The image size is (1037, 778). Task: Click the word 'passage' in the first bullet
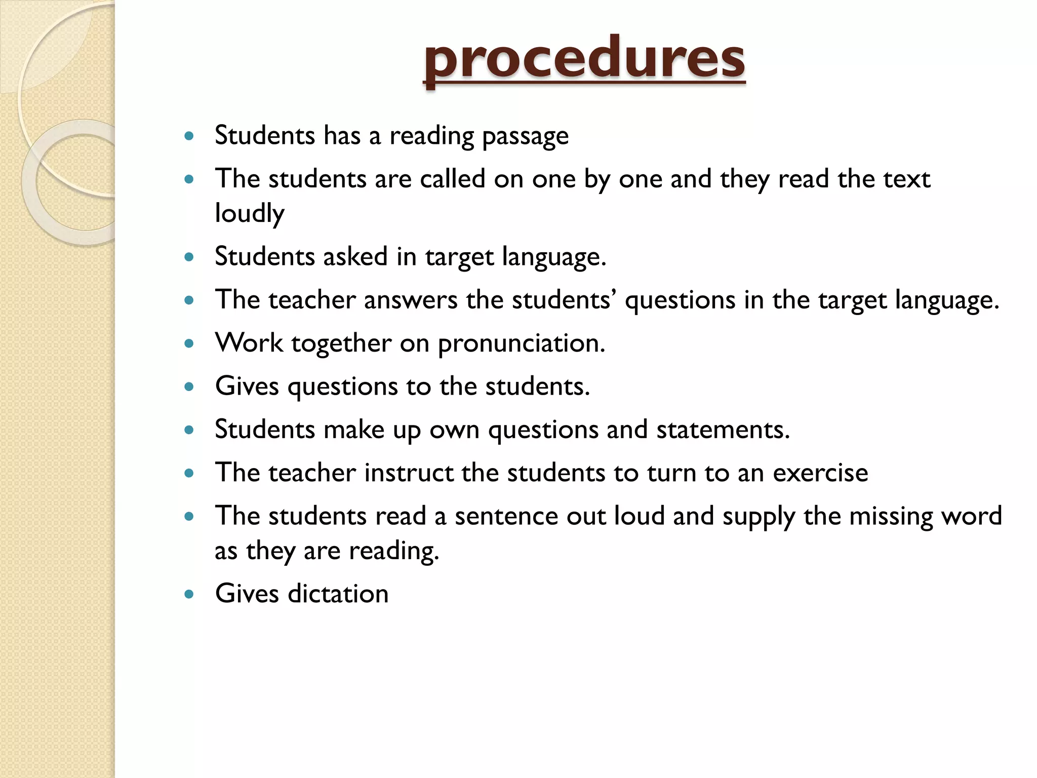(525, 136)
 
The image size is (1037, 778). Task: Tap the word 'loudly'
(249, 213)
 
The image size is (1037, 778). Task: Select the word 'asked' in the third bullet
(355, 256)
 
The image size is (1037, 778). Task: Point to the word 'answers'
(411, 300)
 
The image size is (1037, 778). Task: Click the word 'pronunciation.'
(522, 343)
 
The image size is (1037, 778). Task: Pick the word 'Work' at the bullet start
(249, 343)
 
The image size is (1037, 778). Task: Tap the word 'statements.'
(723, 430)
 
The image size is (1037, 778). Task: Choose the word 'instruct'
(409, 473)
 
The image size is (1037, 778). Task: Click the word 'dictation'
(338, 594)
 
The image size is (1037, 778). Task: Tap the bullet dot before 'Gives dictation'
(189, 594)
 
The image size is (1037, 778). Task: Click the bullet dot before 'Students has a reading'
(189, 136)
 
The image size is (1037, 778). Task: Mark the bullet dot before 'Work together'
(189, 344)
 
